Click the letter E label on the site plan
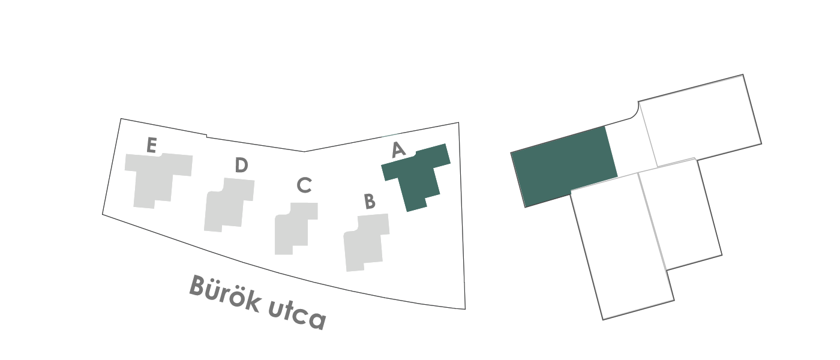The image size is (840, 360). (x=151, y=145)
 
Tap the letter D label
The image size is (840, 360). (x=241, y=164)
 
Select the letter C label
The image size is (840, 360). (x=304, y=185)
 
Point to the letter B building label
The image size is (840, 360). (x=370, y=201)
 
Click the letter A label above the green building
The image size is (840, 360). (x=398, y=149)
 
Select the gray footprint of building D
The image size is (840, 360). (x=229, y=205)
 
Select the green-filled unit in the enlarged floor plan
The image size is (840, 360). (x=563, y=166)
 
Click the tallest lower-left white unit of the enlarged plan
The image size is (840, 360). (x=623, y=247)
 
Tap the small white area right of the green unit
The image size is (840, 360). (x=631, y=148)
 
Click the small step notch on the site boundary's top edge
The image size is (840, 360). (x=206, y=136)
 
